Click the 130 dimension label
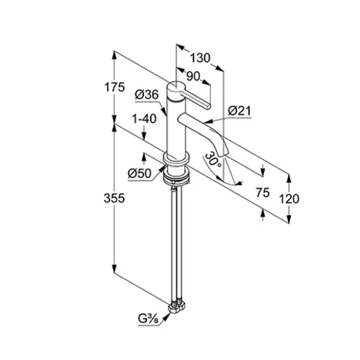tap(200, 58)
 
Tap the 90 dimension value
tap(193, 76)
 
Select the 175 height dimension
tap(114, 87)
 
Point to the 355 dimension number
tap(114, 199)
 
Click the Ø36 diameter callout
tap(147, 95)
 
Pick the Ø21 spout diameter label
tap(239, 111)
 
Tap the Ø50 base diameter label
tap(140, 174)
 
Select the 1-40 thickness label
tap(144, 119)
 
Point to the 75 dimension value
tap(263, 193)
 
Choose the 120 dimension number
tap(289, 199)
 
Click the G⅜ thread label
tap(148, 319)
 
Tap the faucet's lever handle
tap(197, 99)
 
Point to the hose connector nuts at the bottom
tap(177, 307)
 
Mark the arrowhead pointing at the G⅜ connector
tap(166, 317)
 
